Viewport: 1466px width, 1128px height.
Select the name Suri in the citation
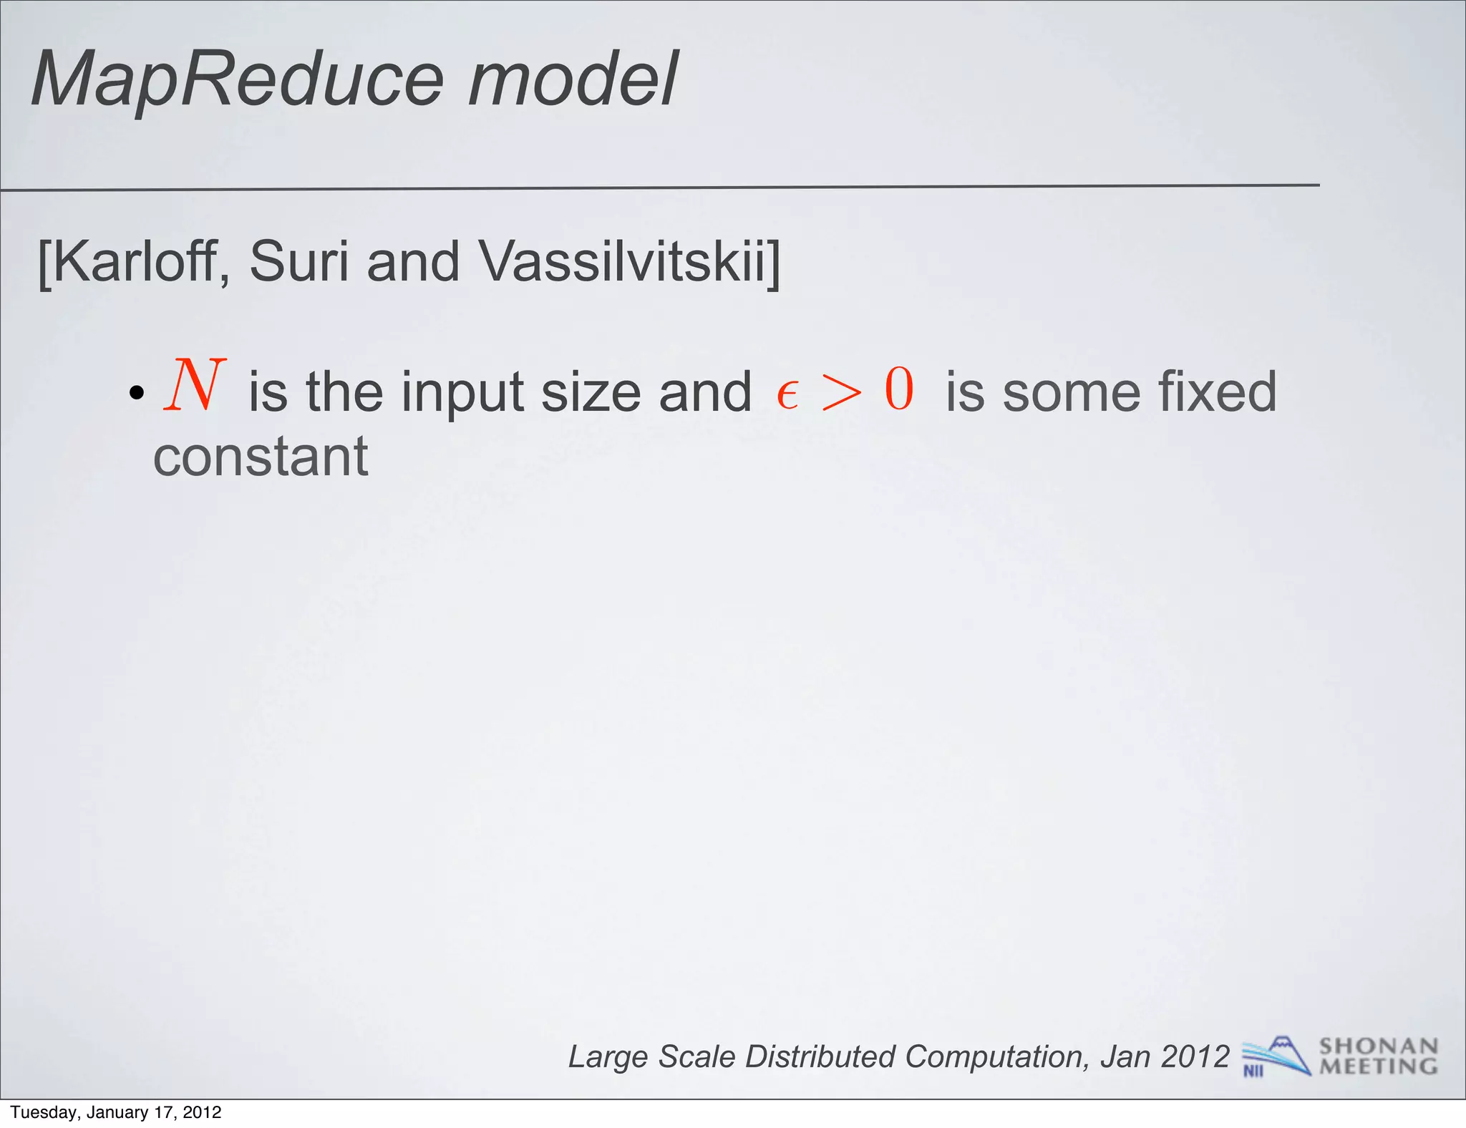click(300, 262)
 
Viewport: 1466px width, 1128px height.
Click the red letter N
click(195, 386)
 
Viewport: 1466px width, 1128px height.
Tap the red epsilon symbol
click(787, 394)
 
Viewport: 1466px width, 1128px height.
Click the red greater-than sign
click(842, 393)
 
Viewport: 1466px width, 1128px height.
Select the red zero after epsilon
click(899, 389)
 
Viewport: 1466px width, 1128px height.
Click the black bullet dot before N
click(137, 393)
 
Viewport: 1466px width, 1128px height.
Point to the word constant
click(261, 457)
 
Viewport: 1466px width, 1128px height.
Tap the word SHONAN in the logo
click(1379, 1046)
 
